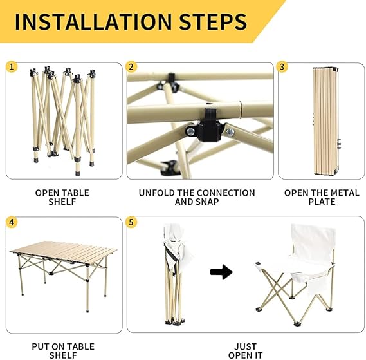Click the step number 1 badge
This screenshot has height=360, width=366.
pyautogui.click(x=12, y=67)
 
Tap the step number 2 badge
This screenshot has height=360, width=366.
pyautogui.click(x=131, y=67)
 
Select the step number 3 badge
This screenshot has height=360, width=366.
pyautogui.click(x=282, y=67)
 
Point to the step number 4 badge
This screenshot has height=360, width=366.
pyautogui.click(x=12, y=222)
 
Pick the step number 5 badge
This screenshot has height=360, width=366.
pyautogui.click(x=131, y=222)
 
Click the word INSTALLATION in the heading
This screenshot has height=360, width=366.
pyautogui.click(x=93, y=22)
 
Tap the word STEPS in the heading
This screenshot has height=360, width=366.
pyautogui.click(x=213, y=22)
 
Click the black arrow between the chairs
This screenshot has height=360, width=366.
pyautogui.click(x=221, y=272)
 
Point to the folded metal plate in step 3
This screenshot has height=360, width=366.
pyautogui.click(x=326, y=121)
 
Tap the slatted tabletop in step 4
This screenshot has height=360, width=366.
pyautogui.click(x=64, y=252)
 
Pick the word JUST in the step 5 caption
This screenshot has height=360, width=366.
pyautogui.click(x=245, y=346)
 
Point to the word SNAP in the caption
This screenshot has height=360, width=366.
pyautogui.click(x=207, y=202)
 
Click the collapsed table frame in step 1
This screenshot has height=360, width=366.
pyautogui.click(x=64, y=121)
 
